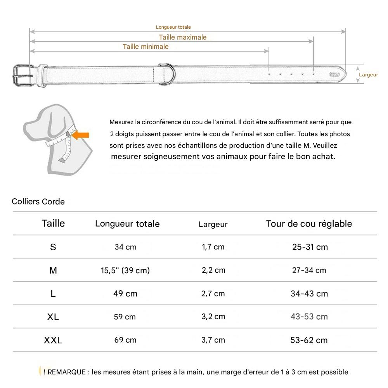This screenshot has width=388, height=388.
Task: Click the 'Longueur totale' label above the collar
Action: [173, 27]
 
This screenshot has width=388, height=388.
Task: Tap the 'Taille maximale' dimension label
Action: [183, 37]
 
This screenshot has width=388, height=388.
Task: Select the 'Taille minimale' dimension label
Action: [145, 47]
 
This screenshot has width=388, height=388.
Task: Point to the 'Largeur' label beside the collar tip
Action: [368, 74]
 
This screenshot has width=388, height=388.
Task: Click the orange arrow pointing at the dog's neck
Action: [81, 135]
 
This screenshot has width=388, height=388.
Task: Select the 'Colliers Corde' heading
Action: [38, 202]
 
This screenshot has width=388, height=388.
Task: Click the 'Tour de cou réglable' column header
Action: [309, 223]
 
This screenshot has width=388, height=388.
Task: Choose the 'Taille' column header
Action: [53, 223]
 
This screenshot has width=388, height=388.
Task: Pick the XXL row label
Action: [53, 340]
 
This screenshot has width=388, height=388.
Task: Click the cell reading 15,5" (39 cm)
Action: [125, 270]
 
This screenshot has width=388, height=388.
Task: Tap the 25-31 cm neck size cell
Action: [310, 247]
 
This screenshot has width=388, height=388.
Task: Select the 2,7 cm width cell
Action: [213, 293]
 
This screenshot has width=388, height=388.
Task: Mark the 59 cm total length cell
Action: [125, 317]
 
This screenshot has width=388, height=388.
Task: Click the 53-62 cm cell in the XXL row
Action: [309, 340]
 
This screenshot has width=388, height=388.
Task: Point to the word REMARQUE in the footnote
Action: [67, 372]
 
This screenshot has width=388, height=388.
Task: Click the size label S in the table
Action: [53, 247]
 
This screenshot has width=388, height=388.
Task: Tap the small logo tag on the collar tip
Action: [334, 74]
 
